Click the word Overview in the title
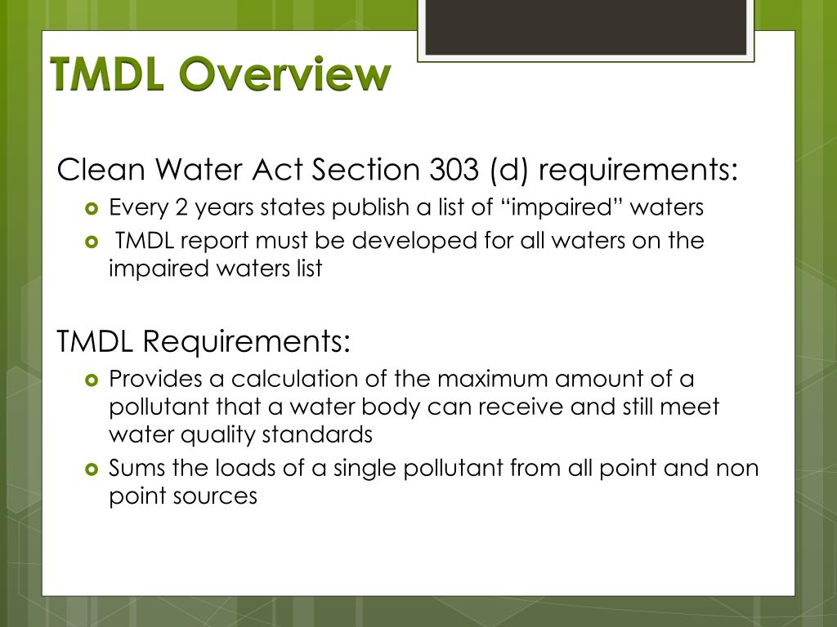click(284, 74)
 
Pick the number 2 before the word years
click(181, 207)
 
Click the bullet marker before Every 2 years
click(91, 207)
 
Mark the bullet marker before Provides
click(91, 380)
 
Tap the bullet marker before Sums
click(91, 469)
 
